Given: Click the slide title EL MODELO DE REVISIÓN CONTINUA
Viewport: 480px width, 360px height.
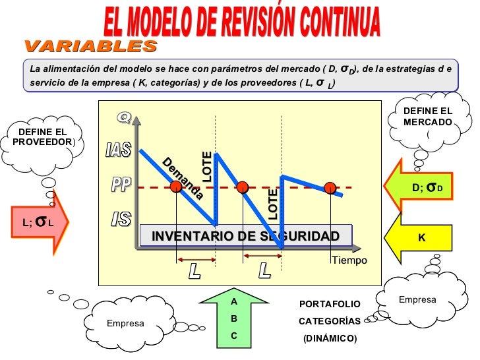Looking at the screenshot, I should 242,22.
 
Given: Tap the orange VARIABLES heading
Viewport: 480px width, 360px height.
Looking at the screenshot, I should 91,46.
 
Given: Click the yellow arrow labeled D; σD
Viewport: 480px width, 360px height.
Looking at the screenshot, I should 429,187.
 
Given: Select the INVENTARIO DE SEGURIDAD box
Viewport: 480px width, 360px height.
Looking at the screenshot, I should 245,236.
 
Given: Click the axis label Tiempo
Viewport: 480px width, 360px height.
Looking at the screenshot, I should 349,261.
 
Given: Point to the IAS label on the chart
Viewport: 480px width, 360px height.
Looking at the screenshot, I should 119,150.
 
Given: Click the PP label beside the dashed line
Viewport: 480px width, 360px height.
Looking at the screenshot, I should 120,186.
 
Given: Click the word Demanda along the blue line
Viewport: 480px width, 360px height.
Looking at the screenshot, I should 183,179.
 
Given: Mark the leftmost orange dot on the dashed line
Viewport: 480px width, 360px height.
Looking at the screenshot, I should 176,187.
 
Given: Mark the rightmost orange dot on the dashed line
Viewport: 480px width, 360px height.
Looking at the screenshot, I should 330,188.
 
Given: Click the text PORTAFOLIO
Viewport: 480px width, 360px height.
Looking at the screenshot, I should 330,305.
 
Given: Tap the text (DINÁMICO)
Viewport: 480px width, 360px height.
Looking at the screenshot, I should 330,339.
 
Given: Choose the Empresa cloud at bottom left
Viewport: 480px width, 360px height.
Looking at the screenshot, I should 125,323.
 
